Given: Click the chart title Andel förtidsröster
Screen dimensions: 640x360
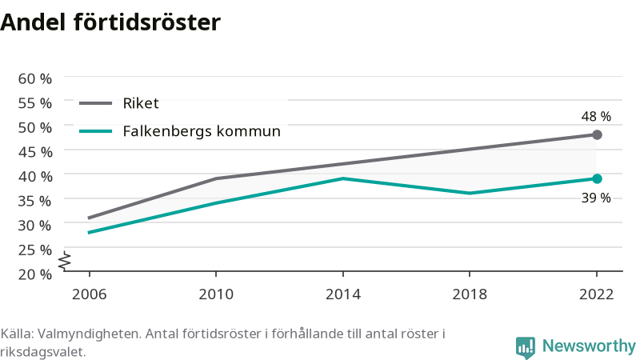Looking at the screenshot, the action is pos(110,22).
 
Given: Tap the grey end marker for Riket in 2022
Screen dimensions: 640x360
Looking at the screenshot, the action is pos(597,134).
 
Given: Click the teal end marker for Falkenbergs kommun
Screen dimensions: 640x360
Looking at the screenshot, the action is pos(597,178).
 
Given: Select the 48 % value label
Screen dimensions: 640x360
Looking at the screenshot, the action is pos(596,116).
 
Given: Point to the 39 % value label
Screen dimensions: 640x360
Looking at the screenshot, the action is pos(596,198).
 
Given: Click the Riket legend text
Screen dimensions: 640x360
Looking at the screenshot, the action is pos(141,103).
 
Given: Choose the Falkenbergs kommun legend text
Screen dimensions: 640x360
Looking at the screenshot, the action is pos(202,131).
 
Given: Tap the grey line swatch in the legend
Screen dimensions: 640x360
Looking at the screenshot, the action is pos(95,103).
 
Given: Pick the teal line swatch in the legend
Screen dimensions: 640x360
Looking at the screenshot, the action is pos(95,131).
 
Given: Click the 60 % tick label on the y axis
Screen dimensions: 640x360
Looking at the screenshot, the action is pos(35,78).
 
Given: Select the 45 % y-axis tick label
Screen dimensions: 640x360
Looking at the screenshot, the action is pos(35,152).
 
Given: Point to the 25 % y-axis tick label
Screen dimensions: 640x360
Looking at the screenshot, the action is pos(35,250).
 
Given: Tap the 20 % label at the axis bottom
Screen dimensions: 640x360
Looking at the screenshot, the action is pos(35,274).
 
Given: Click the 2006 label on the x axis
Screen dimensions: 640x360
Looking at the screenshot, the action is pos(89,294).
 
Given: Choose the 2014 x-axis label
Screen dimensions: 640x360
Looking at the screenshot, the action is pos(343,294).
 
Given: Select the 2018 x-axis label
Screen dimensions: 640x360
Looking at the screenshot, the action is pos(470,294).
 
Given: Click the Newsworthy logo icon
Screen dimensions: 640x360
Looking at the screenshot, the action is pos(526,348).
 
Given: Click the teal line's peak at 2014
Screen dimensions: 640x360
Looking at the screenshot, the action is pos(343,178).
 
